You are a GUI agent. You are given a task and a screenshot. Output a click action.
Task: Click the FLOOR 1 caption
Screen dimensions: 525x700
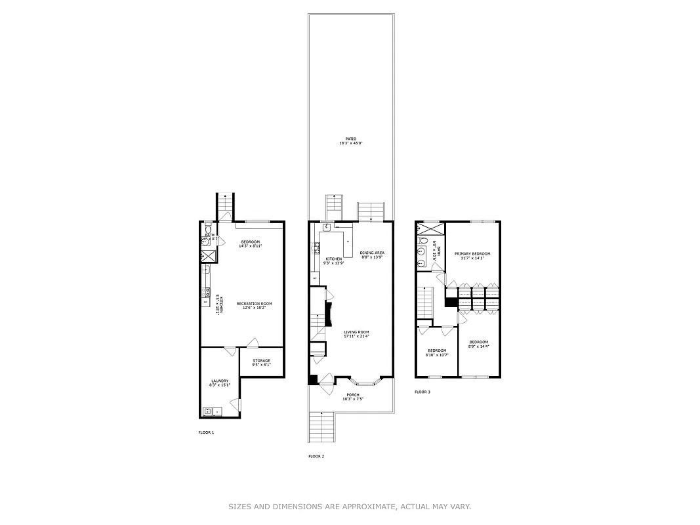[x=206, y=432]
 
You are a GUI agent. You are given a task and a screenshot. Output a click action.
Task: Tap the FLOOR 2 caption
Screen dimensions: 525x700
[x=316, y=456]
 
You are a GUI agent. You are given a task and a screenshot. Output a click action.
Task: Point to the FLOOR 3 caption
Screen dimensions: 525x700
[x=422, y=392]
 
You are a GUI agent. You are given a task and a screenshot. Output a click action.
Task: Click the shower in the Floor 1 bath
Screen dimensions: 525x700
[x=208, y=257]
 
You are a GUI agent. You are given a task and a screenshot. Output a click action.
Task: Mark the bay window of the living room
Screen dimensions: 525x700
[x=363, y=381]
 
